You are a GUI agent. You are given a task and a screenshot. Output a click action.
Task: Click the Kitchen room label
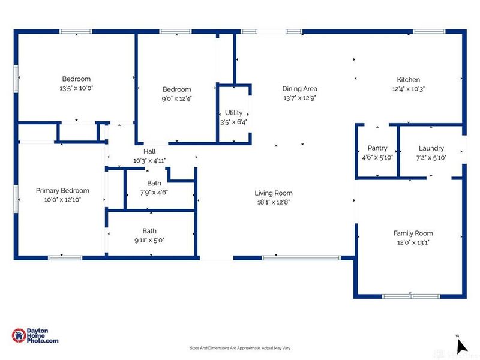point(409,80)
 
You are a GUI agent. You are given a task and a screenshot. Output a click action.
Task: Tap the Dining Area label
point(299,89)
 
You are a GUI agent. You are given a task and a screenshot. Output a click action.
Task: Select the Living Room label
point(274,193)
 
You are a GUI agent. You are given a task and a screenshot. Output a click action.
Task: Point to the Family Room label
point(413,233)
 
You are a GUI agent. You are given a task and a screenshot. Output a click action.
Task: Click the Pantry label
point(377,148)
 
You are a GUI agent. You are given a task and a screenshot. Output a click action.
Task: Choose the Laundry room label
point(431,148)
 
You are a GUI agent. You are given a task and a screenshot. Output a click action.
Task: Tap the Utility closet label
point(233,113)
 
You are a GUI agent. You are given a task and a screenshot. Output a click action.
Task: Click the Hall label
point(149,151)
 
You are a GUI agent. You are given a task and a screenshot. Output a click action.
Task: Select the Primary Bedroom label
point(62,191)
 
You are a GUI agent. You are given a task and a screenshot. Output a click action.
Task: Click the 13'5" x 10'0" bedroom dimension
point(76,88)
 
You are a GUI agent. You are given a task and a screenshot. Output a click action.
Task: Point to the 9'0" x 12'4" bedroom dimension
point(176,98)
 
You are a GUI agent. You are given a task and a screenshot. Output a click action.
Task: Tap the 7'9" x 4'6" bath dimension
point(154,193)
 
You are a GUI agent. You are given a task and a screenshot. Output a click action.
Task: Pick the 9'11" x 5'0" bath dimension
point(149,241)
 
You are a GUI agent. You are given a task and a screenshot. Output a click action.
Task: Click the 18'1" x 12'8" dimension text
point(274,202)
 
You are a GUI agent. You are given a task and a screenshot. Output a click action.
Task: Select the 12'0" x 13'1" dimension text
point(413,242)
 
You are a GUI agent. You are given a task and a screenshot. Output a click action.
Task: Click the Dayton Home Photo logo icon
point(19,335)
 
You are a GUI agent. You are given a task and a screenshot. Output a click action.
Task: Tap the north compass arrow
point(461,346)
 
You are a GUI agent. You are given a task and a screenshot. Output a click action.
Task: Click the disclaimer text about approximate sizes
point(240,348)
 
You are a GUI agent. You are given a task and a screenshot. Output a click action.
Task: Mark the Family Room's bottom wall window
point(411,296)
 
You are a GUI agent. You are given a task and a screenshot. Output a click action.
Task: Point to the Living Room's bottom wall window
point(301,258)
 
